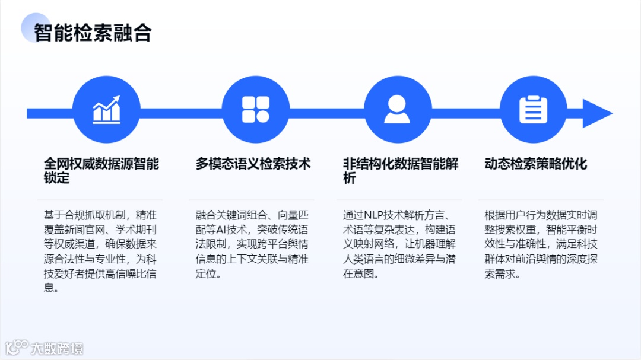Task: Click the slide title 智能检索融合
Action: click(x=93, y=33)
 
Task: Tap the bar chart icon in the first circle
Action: click(x=107, y=110)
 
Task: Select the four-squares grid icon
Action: click(x=256, y=110)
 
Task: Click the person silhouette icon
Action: click(x=397, y=110)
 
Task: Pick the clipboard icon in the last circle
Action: click(x=533, y=110)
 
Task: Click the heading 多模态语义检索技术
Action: click(x=253, y=164)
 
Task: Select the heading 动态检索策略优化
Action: click(x=536, y=164)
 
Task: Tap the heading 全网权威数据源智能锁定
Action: click(x=101, y=170)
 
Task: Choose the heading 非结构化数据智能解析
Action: click(x=401, y=170)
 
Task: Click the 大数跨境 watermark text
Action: click(x=58, y=348)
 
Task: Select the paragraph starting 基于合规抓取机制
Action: click(x=100, y=251)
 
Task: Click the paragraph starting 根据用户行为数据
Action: click(x=541, y=244)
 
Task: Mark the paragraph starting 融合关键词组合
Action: click(x=252, y=244)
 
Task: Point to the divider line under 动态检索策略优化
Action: click(x=541, y=200)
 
